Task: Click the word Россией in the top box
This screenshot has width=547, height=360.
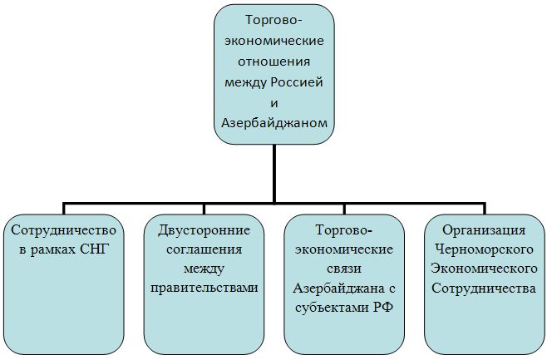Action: pyautogui.click(x=297, y=82)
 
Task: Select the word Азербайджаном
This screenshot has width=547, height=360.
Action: pyautogui.click(x=274, y=123)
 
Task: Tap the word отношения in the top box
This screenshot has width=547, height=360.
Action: pyautogui.click(x=274, y=62)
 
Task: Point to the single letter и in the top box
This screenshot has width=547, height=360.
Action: pyautogui.click(x=274, y=103)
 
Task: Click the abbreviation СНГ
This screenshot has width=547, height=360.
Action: pyautogui.click(x=95, y=249)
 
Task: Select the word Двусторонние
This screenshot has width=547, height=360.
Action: pyautogui.click(x=205, y=230)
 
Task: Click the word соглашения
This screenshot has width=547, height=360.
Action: pyautogui.click(x=205, y=249)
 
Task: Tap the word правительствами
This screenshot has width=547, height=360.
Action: pyautogui.click(x=205, y=288)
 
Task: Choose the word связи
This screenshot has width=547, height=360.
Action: pyautogui.click(x=344, y=269)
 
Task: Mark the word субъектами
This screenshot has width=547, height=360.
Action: pyautogui.click(x=331, y=308)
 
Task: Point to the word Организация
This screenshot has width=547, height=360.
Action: pyautogui.click(x=484, y=230)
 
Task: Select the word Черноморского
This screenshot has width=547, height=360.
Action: pyautogui.click(x=484, y=249)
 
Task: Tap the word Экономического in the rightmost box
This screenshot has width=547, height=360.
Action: pyautogui.click(x=484, y=269)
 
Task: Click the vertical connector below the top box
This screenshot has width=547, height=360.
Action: pyautogui.click(x=274, y=174)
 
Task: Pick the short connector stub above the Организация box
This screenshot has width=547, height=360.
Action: pyautogui.click(x=485, y=208)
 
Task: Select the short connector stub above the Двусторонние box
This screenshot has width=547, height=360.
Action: pyautogui.click(x=204, y=208)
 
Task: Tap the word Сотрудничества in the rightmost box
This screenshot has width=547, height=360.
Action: pyautogui.click(x=484, y=288)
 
